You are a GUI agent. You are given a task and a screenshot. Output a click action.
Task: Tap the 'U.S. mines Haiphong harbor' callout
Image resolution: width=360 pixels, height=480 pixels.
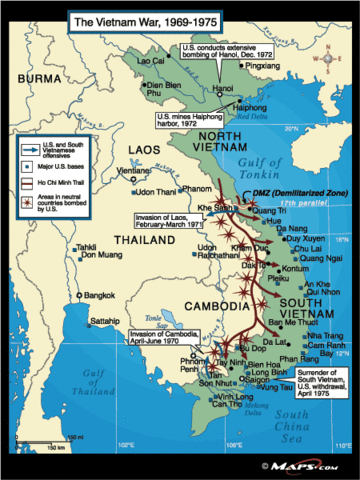[196, 118]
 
